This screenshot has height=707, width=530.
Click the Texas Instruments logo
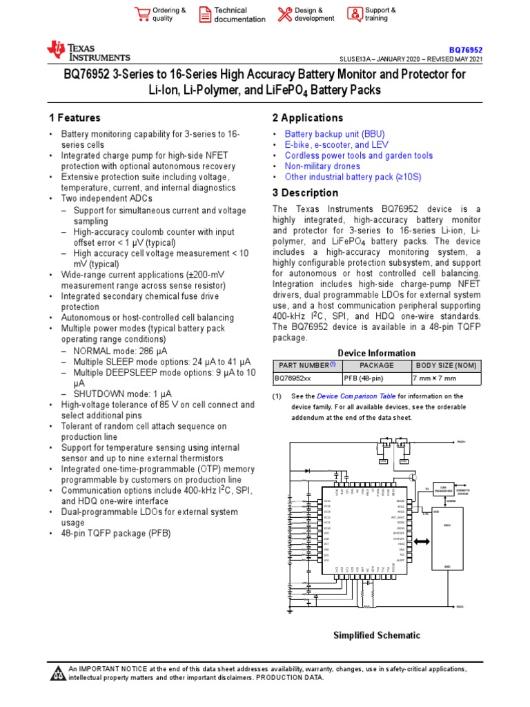pyautogui.click(x=88, y=50)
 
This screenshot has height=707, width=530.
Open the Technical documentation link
pyautogui.click(x=239, y=14)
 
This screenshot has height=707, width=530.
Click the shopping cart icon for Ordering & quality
pyautogui.click(x=142, y=14)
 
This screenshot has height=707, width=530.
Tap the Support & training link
pyautogui.click(x=380, y=14)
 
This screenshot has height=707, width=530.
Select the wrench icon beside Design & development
pyautogui.click(x=284, y=14)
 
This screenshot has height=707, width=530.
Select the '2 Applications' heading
pyautogui.click(x=308, y=118)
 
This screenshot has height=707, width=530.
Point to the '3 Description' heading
pyautogui.click(x=305, y=193)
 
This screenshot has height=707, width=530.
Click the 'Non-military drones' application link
pyautogui.click(x=322, y=166)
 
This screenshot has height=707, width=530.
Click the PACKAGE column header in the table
pyautogui.click(x=377, y=365)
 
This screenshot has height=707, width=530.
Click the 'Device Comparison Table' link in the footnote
pyautogui.click(x=356, y=396)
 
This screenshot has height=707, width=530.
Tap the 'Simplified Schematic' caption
pyautogui.click(x=376, y=635)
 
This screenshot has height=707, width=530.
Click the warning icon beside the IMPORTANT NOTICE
pyautogui.click(x=58, y=673)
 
